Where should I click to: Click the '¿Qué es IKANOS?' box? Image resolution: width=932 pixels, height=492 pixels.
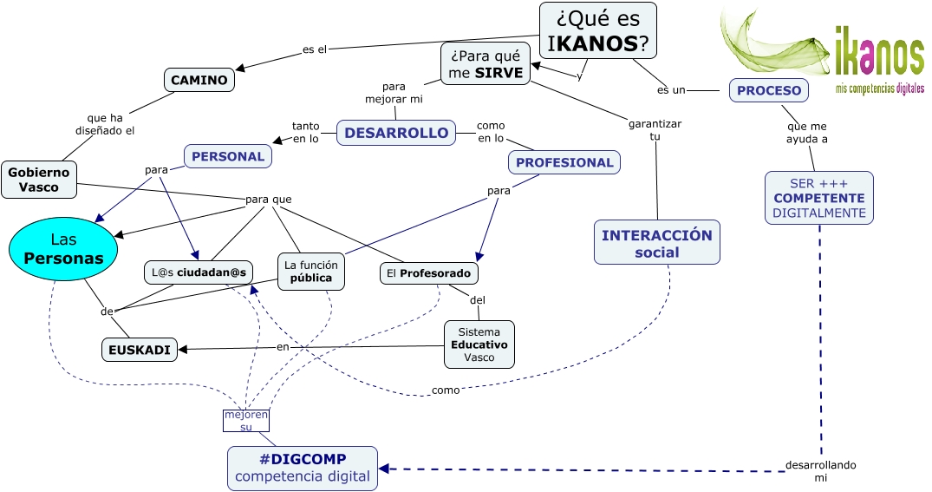(x=597, y=30)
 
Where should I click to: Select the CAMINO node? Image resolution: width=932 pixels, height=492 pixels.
(x=199, y=81)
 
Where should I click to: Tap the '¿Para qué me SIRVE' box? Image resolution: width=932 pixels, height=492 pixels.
(x=486, y=63)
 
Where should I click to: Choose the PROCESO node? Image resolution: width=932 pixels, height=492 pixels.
(x=769, y=90)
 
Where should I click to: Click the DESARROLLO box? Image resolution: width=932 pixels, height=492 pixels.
(x=396, y=133)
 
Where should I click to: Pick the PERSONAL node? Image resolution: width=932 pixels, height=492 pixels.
(x=228, y=156)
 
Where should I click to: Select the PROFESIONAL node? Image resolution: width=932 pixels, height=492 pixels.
(x=564, y=162)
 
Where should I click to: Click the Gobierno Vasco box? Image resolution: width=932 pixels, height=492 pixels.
(x=39, y=180)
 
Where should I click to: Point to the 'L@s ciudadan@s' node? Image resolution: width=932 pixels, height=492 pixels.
(x=199, y=272)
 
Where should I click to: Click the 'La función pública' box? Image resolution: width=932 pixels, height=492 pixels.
(x=311, y=272)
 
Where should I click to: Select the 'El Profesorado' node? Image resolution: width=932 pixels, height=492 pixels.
(x=429, y=273)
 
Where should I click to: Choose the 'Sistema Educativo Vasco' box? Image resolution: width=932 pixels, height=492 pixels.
(x=479, y=344)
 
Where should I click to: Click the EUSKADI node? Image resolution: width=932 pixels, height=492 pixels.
(x=139, y=350)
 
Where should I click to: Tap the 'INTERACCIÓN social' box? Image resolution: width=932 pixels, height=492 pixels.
(x=657, y=243)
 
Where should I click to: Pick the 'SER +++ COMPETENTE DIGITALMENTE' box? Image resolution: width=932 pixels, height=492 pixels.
(x=819, y=198)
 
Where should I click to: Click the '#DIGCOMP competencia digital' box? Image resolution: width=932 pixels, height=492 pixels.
(x=302, y=469)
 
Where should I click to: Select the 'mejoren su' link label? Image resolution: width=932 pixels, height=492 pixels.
(x=246, y=421)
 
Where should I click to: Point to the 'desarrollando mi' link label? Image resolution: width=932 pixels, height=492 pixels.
(x=821, y=471)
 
